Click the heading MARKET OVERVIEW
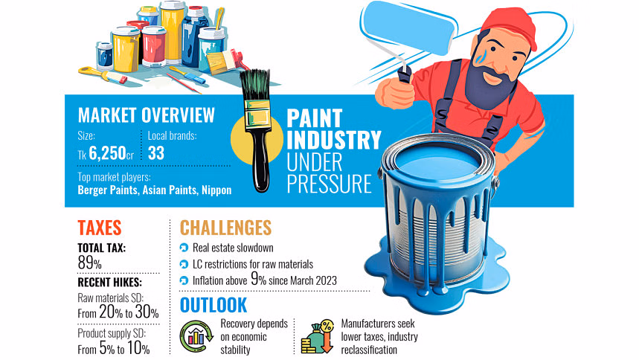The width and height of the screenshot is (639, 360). coord(146,115)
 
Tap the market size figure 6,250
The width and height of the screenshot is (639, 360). coord(108,153)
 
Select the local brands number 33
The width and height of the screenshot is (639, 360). coord(156,153)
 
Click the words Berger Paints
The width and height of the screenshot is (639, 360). coord(108,190)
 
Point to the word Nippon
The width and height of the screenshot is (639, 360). coord(216,190)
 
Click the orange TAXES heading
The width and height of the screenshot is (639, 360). coord(100,228)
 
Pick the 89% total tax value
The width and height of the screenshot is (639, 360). coord(90,263)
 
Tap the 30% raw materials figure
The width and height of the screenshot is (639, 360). coord(147,312)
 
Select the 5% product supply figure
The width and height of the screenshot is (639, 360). coord(107,349)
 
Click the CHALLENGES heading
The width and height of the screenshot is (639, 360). coord(225,228)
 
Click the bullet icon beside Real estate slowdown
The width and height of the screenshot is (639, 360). coord(184,248)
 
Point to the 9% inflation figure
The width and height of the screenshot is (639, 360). coord(258,279)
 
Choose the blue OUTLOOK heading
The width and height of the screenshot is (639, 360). coord(213,305)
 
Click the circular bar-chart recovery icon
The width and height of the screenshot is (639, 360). coord(196,336)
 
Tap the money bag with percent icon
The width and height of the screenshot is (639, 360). coord(318,336)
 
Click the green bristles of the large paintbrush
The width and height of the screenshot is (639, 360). coord(255,85)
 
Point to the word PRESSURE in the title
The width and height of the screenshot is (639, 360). coord(330,184)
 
